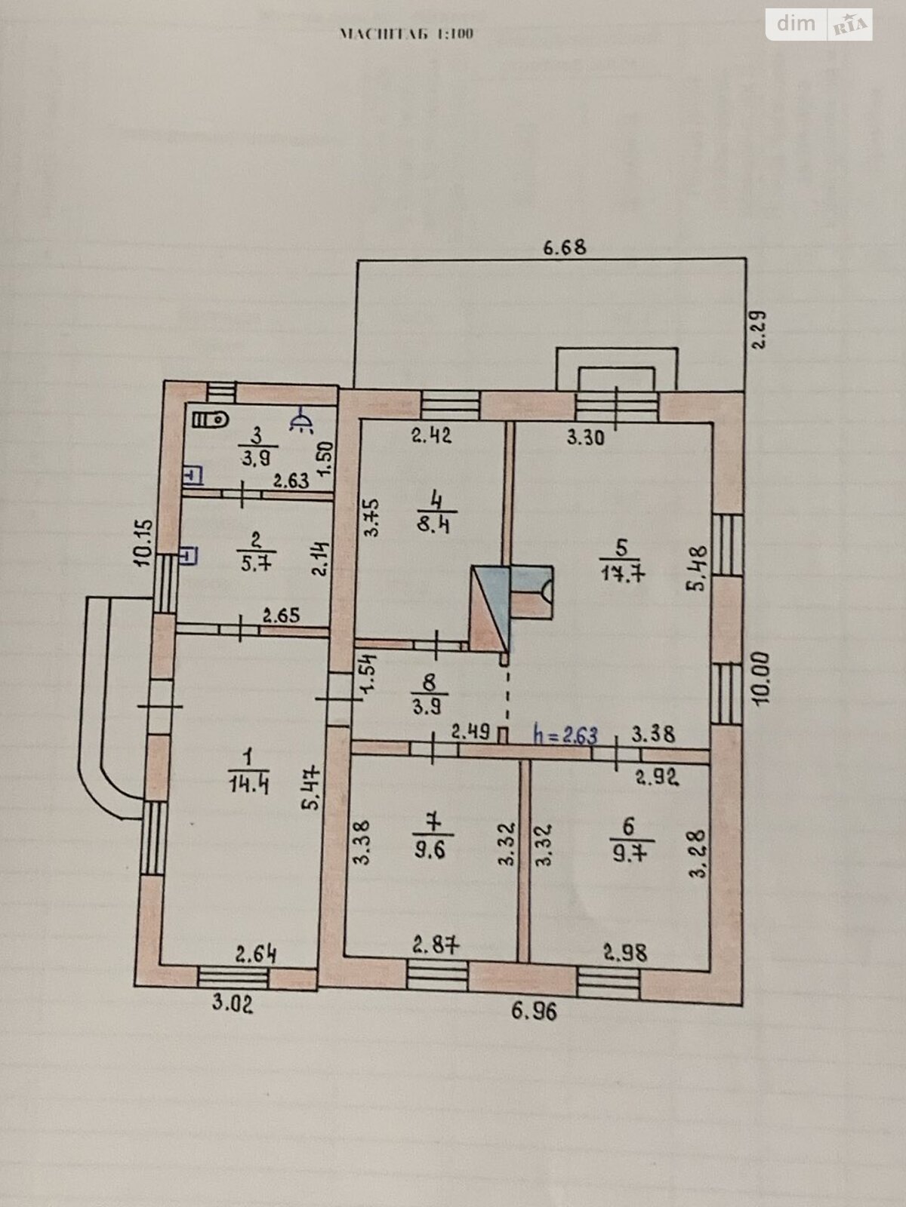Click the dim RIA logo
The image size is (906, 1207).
[819, 24]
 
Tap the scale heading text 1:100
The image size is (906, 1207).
[407, 34]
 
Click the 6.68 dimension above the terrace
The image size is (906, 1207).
[565, 247]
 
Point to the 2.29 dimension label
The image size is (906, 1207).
[760, 329]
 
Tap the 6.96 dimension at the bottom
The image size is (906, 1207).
[535, 1010]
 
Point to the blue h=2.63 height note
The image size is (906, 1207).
[565, 734]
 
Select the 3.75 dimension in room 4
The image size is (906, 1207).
[371, 517]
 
